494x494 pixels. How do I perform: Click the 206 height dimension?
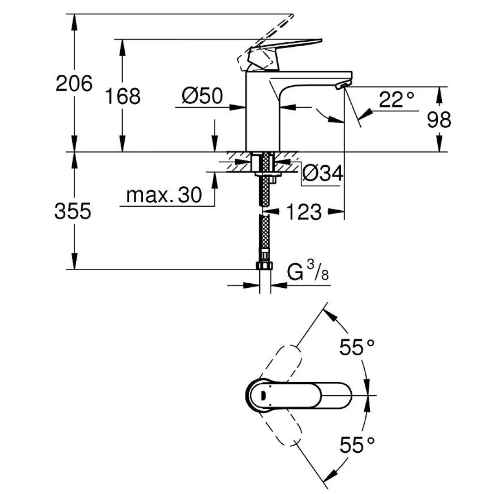point(73,83)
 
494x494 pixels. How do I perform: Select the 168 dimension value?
point(122,96)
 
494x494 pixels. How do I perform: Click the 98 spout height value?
point(439,120)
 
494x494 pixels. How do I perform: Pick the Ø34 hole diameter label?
point(322,173)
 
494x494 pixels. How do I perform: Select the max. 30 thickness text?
point(164,195)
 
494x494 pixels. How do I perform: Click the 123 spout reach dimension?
point(303,212)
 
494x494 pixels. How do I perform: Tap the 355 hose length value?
point(73,211)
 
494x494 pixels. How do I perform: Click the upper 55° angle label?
point(357,348)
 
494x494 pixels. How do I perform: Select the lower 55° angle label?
point(357,445)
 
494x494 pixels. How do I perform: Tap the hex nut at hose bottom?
point(264,265)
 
